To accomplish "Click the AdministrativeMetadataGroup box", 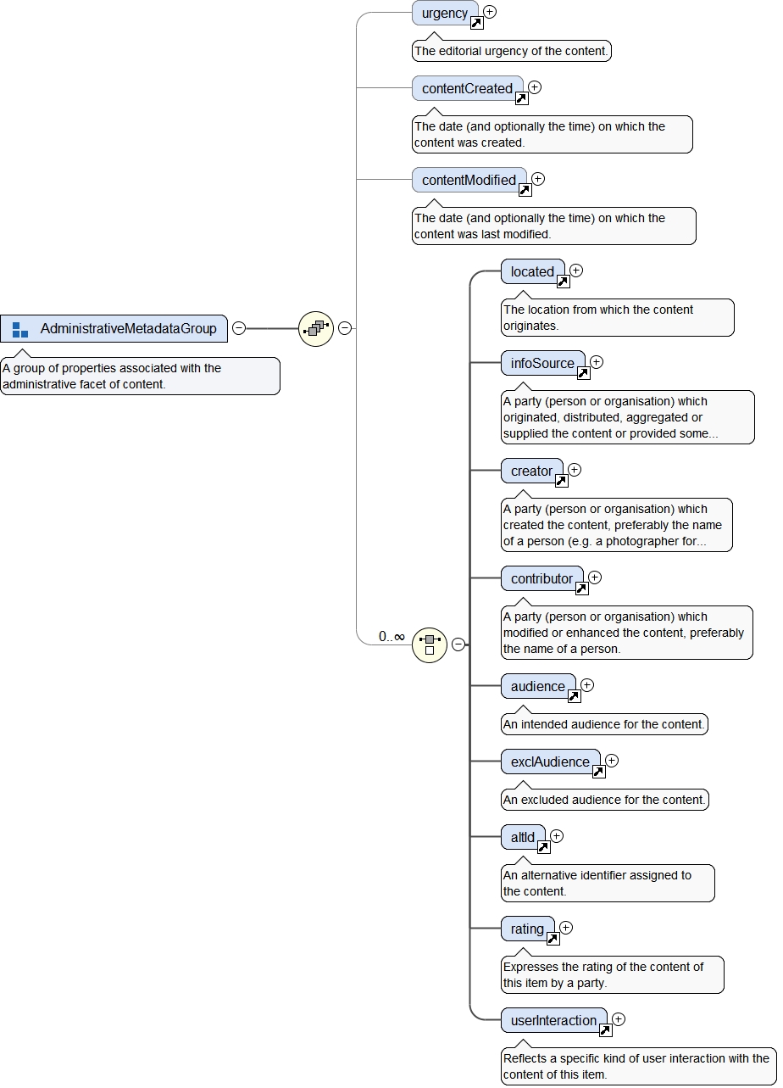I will point(114,328).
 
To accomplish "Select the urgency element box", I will point(444,13).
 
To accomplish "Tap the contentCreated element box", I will point(466,88).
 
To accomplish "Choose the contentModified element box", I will point(468,180).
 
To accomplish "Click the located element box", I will point(531,271).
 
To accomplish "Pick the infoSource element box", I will point(541,363).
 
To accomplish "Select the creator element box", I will point(530,471).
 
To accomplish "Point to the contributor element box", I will point(541,578).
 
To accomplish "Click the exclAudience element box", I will point(549,762).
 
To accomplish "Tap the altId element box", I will point(522,837).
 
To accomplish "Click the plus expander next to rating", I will point(566,928).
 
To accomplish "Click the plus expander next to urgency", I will point(490,12).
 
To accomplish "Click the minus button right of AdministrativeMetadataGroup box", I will point(239,328).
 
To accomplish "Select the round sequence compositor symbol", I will point(316,328).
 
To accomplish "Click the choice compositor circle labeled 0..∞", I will point(430,644).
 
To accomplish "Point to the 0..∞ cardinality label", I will point(391,636).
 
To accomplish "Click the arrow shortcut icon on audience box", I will point(574,696).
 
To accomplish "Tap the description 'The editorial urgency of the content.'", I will point(511,51).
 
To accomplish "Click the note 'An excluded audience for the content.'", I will point(604,800).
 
